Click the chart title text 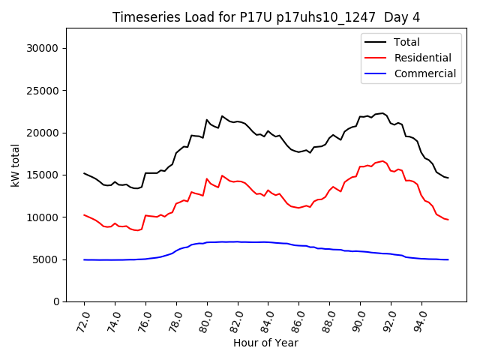tap(265, 17)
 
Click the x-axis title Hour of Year tap(265, 343)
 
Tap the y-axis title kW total tap(16, 164)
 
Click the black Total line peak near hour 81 tap(222, 116)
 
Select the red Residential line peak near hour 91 tap(382, 160)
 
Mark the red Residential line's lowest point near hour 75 tap(136, 230)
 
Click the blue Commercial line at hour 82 tap(238, 242)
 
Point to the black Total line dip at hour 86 tap(298, 152)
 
